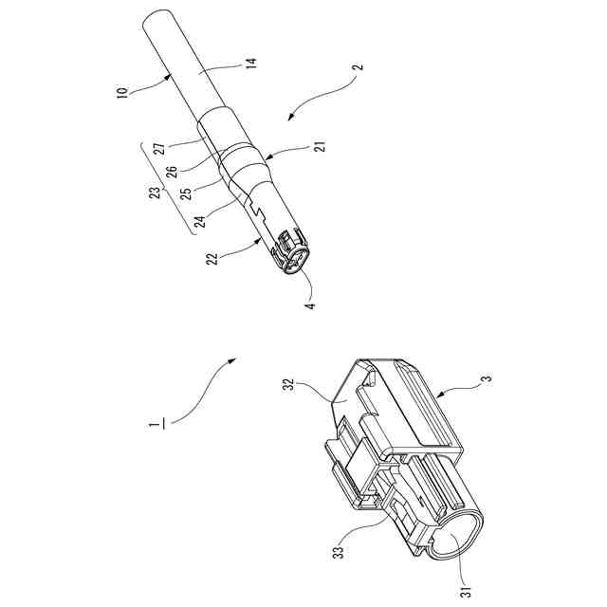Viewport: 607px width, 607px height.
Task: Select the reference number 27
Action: [160, 148]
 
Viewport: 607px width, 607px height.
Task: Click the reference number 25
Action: [185, 193]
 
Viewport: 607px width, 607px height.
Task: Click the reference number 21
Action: [317, 149]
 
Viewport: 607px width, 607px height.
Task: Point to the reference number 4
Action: [309, 304]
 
